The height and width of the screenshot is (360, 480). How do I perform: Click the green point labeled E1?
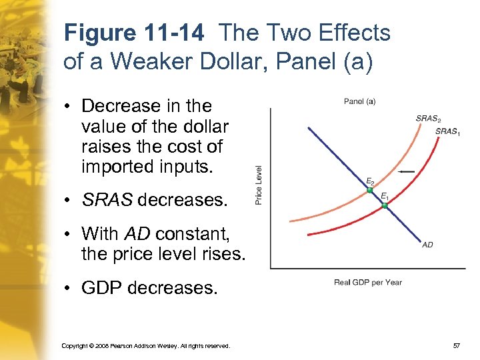[385, 206]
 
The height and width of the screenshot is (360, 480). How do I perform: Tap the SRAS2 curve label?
[429, 119]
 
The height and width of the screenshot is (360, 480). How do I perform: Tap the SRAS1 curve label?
[447, 131]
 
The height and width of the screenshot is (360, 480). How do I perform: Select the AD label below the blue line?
[427, 245]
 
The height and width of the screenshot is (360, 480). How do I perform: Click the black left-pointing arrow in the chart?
[406, 171]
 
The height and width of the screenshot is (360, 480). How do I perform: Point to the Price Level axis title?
[259, 185]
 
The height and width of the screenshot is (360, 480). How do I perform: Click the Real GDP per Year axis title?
[368, 282]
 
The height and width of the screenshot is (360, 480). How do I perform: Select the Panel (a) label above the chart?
[359, 101]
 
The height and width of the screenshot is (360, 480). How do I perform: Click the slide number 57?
[457, 346]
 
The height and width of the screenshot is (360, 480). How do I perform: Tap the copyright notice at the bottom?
[145, 346]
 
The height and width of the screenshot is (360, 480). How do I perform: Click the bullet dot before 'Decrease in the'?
[69, 107]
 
